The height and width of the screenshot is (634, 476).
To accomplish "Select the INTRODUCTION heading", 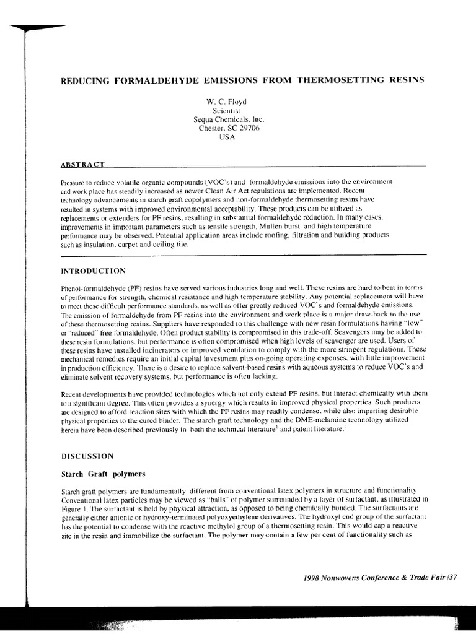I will [94, 271].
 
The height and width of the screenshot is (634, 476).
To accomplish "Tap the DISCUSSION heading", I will [87, 456].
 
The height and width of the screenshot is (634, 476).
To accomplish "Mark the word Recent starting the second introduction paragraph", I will [72, 394].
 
